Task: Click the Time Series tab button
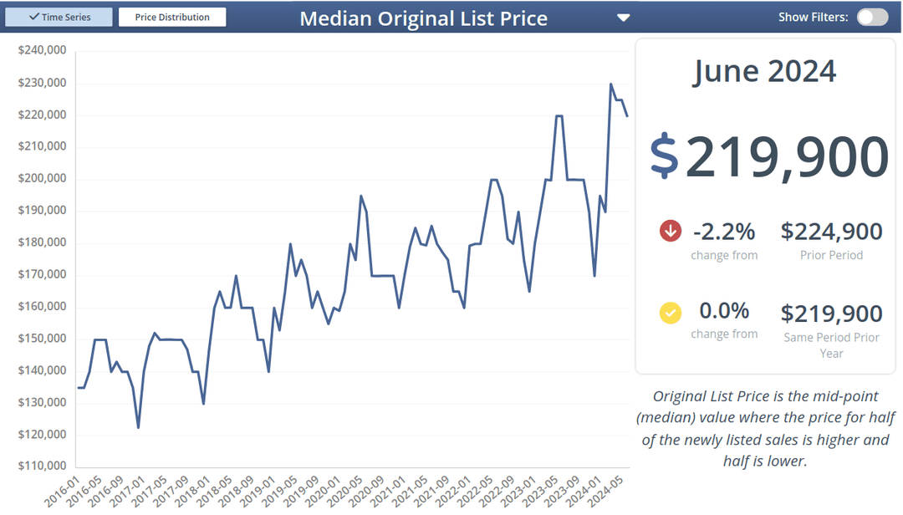coord(59,17)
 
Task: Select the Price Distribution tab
coord(172,17)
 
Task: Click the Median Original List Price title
coord(423,18)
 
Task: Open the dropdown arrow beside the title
coord(623,18)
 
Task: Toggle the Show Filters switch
coord(872,17)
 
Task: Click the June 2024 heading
coord(764,71)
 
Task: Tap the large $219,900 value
coord(768,156)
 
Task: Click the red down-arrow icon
coord(671,231)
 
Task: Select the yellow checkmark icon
coord(671,313)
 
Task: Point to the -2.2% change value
coord(724,232)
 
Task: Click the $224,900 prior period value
coord(831,232)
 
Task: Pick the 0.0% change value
coord(724,311)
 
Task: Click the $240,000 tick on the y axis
coord(42,51)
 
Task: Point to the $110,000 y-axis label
coord(42,467)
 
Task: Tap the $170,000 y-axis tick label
coord(42,274)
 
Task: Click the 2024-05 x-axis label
coord(609,489)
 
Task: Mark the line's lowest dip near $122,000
coord(138,427)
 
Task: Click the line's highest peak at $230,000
coord(610,84)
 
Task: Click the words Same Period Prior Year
coord(831,345)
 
